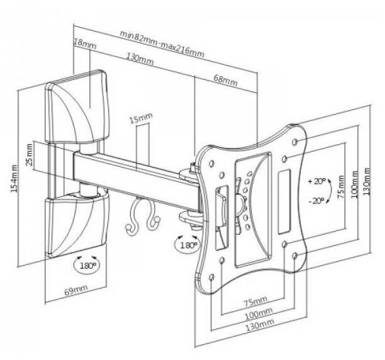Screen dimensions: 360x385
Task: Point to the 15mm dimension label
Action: (140, 118)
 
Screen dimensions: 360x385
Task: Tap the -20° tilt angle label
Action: (316, 201)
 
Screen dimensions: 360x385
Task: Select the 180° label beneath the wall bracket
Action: (87, 266)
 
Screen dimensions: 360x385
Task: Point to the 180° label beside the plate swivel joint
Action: (187, 244)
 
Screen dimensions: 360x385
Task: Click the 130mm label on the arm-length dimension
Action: (140, 60)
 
